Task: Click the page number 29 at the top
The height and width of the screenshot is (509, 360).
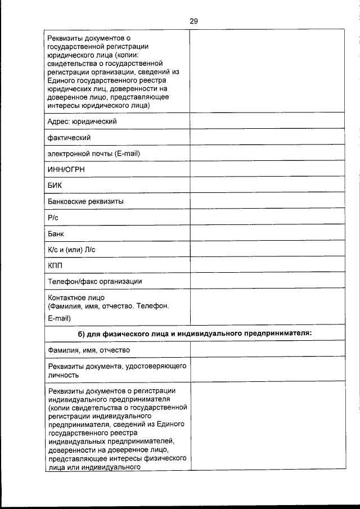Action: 193,21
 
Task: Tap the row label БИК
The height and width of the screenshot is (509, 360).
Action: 55,185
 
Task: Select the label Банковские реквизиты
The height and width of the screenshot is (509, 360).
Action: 86,201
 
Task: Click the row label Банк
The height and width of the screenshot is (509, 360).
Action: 57,233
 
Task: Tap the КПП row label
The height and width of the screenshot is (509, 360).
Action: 57,265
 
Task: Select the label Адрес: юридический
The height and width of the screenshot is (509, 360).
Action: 83,121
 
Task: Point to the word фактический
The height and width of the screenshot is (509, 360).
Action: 70,137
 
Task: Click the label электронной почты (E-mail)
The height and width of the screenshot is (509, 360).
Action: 94,154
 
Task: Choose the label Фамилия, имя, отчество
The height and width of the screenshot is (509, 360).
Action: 89,350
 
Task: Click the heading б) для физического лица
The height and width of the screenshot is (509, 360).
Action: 195,334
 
